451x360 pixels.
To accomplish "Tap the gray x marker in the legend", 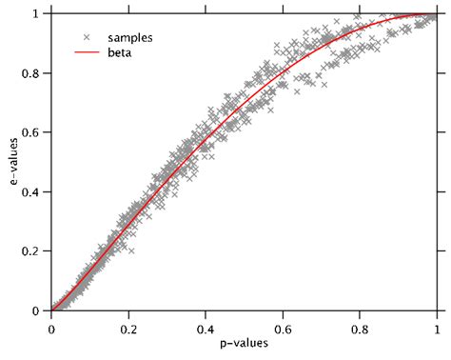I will pyautogui.click(x=87, y=36).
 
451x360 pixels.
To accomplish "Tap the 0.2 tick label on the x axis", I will pyautogui.click(x=127, y=328).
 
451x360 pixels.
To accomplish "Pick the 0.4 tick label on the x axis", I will pyautogui.click(x=205, y=328).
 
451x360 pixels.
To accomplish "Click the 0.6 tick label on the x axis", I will pyautogui.click(x=282, y=328).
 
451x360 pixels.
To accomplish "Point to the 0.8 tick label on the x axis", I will pyautogui.click(x=359, y=328).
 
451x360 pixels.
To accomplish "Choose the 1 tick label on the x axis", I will pyautogui.click(x=436, y=328).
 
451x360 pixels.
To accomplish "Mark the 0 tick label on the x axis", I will pyautogui.click(x=50, y=328).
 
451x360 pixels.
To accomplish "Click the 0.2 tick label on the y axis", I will pyautogui.click(x=32, y=251).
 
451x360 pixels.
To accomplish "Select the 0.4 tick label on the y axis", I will pyautogui.click(x=32, y=191).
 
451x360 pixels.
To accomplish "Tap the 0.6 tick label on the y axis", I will pyautogui.click(x=32, y=132).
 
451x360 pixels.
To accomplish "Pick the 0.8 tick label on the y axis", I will pyautogui.click(x=32, y=73).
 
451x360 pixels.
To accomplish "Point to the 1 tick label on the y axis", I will pyautogui.click(x=38, y=14).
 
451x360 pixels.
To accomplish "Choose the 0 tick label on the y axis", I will pyautogui.click(x=38, y=310).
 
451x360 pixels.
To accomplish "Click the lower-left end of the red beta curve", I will pyautogui.click(x=51, y=310).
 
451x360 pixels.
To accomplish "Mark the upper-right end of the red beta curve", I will pyautogui.click(x=435, y=14).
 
